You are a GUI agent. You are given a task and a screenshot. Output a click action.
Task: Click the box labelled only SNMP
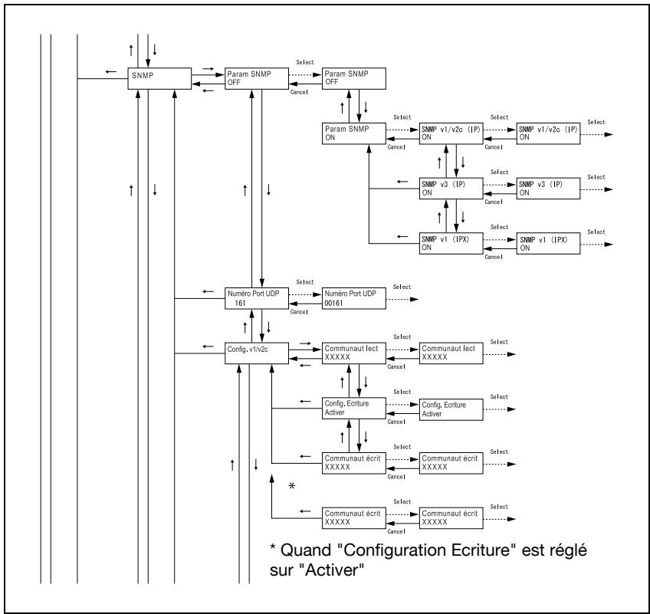[159, 78]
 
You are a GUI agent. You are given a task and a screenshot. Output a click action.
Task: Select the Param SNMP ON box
[354, 133]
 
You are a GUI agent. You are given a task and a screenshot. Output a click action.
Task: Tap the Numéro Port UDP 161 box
[257, 298]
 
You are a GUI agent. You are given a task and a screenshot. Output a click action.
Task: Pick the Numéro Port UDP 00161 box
[354, 298]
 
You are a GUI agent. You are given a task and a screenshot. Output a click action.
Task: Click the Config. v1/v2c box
[257, 353]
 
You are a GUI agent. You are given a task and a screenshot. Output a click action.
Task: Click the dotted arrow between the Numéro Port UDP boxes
[305, 295]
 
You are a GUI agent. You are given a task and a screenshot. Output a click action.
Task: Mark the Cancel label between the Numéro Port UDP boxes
[299, 312]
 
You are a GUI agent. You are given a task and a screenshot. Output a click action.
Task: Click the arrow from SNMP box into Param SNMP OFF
[208, 75]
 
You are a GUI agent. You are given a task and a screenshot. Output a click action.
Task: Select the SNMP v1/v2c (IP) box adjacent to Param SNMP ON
[451, 133]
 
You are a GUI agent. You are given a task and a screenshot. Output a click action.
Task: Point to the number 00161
[333, 303]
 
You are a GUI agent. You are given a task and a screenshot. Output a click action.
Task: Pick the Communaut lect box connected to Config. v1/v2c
[354, 353]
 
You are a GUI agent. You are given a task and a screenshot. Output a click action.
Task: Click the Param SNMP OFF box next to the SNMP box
[257, 78]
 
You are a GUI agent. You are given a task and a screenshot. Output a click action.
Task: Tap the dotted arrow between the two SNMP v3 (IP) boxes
[500, 185]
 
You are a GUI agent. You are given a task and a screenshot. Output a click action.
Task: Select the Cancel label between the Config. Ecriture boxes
[396, 422]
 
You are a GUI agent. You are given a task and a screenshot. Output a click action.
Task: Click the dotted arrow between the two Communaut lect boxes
[402, 350]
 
